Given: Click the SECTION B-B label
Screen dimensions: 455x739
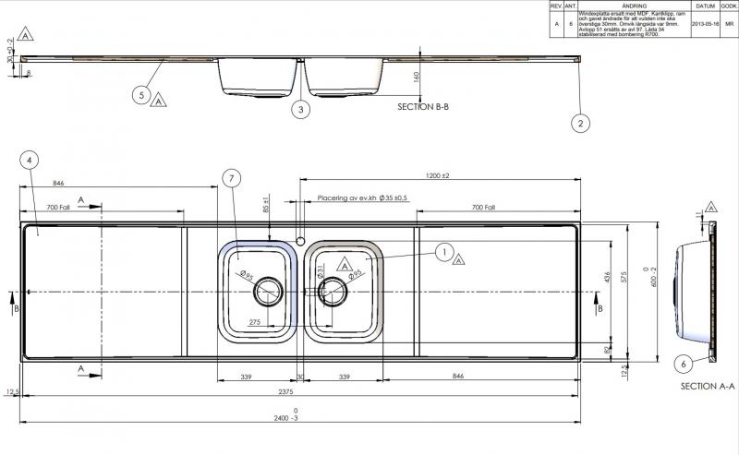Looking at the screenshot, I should click(x=428, y=108).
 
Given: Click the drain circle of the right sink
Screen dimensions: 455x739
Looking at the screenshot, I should click(x=332, y=291).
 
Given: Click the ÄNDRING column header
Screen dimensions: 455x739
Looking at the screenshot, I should click(x=632, y=5).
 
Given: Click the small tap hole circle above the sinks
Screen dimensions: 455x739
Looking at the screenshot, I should click(x=300, y=236).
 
